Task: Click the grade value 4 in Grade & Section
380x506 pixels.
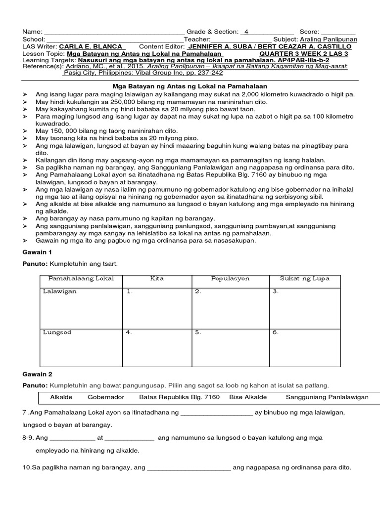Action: pyautogui.click(x=246, y=32)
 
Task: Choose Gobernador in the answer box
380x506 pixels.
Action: pyautogui.click(x=106, y=397)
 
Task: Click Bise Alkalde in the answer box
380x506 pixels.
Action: pyautogui.click(x=248, y=397)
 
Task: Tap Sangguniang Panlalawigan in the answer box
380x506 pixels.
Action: pyautogui.click(x=327, y=397)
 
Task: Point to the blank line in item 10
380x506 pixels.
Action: pyautogui.click(x=189, y=467)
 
